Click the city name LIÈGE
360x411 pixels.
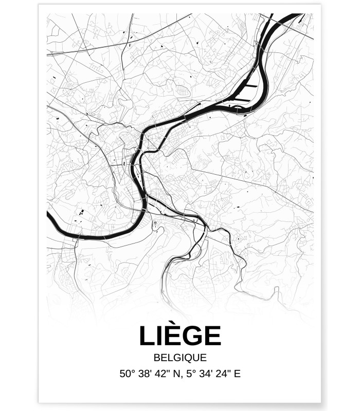(x=180, y=336)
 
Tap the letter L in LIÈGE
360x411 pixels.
(x=147, y=337)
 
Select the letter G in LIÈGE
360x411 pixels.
(x=193, y=337)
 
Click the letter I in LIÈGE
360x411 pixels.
(x=158, y=337)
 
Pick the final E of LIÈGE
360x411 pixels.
(x=213, y=337)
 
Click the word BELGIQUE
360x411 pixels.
(x=180, y=358)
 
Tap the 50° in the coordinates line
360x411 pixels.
(x=128, y=374)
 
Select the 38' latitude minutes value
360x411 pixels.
(x=146, y=374)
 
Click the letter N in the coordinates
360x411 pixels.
(x=178, y=374)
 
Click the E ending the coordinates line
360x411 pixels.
(x=237, y=374)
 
